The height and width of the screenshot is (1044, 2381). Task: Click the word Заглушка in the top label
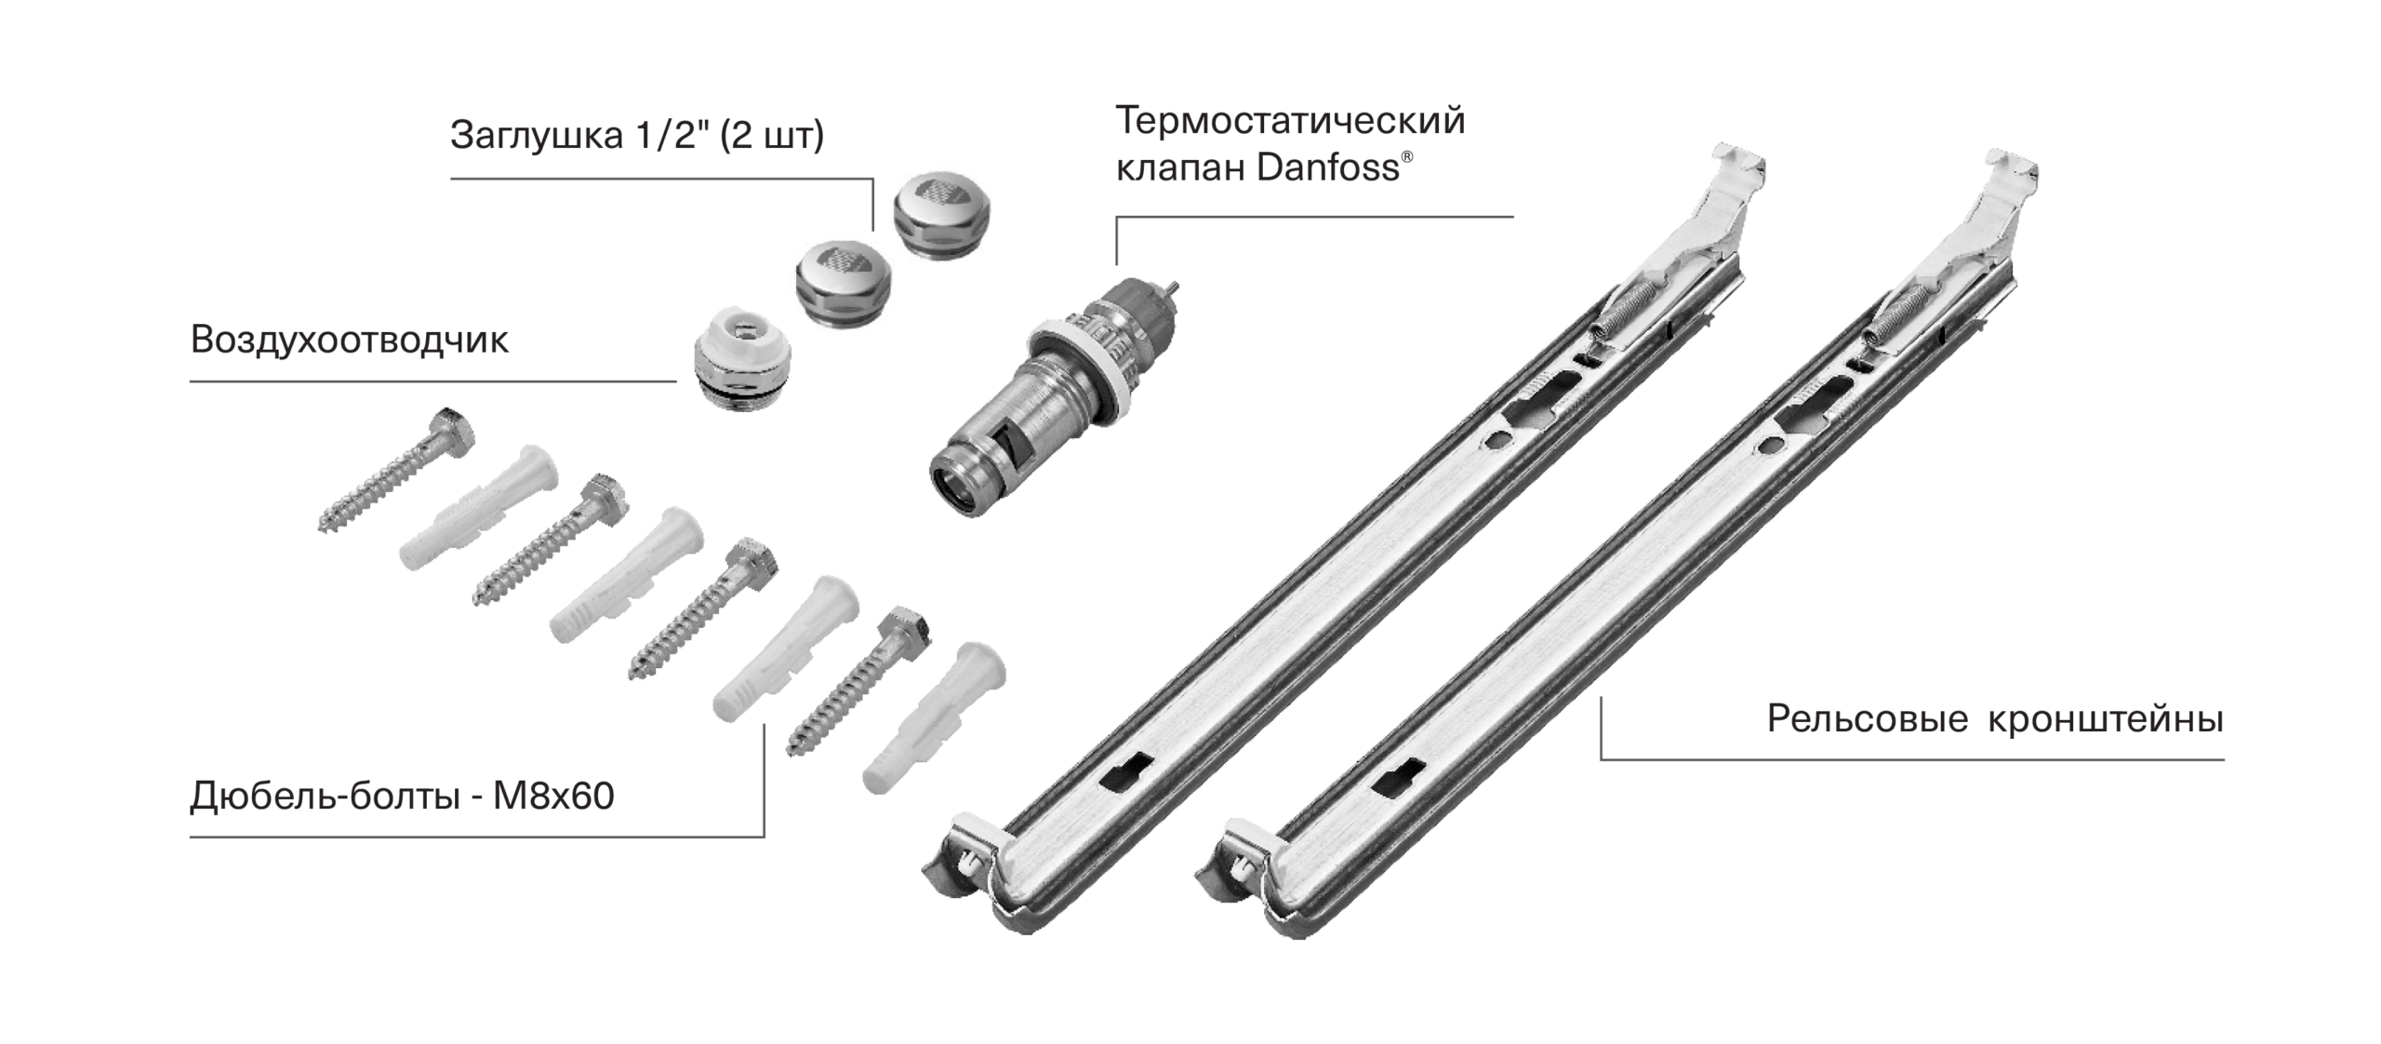537,136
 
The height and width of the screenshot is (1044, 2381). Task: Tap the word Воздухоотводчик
350,341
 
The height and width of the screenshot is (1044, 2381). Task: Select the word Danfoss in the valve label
1327,167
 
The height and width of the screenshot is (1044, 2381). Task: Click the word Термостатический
1290,122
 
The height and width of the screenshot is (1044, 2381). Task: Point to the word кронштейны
2106,719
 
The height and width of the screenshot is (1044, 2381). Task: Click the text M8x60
553,796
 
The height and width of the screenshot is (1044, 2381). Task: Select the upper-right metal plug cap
941,217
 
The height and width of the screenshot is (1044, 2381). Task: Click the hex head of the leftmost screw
451,430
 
